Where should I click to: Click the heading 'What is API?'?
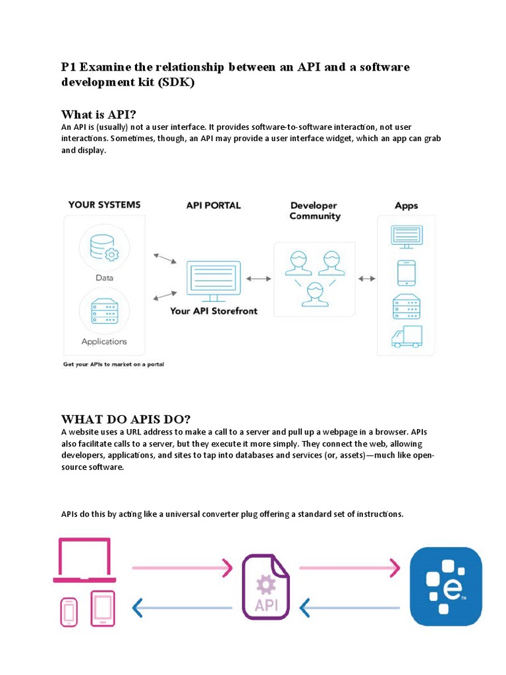coord(98,114)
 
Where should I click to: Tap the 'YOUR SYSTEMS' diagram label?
coord(104,205)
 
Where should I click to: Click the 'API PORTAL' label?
coord(213,206)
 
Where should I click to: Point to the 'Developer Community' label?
coord(315,211)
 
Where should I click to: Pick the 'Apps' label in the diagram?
coord(406,206)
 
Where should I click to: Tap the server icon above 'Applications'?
coord(103,310)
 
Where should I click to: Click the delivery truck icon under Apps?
coord(406,336)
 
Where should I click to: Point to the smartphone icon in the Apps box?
coord(406,272)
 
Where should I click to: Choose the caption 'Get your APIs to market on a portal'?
coord(113,365)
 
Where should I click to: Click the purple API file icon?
coord(266,587)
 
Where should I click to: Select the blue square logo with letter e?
coord(446,586)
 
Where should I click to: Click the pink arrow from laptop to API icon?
coord(183,567)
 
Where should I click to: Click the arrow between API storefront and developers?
coord(258,279)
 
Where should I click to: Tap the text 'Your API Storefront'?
coord(213,310)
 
